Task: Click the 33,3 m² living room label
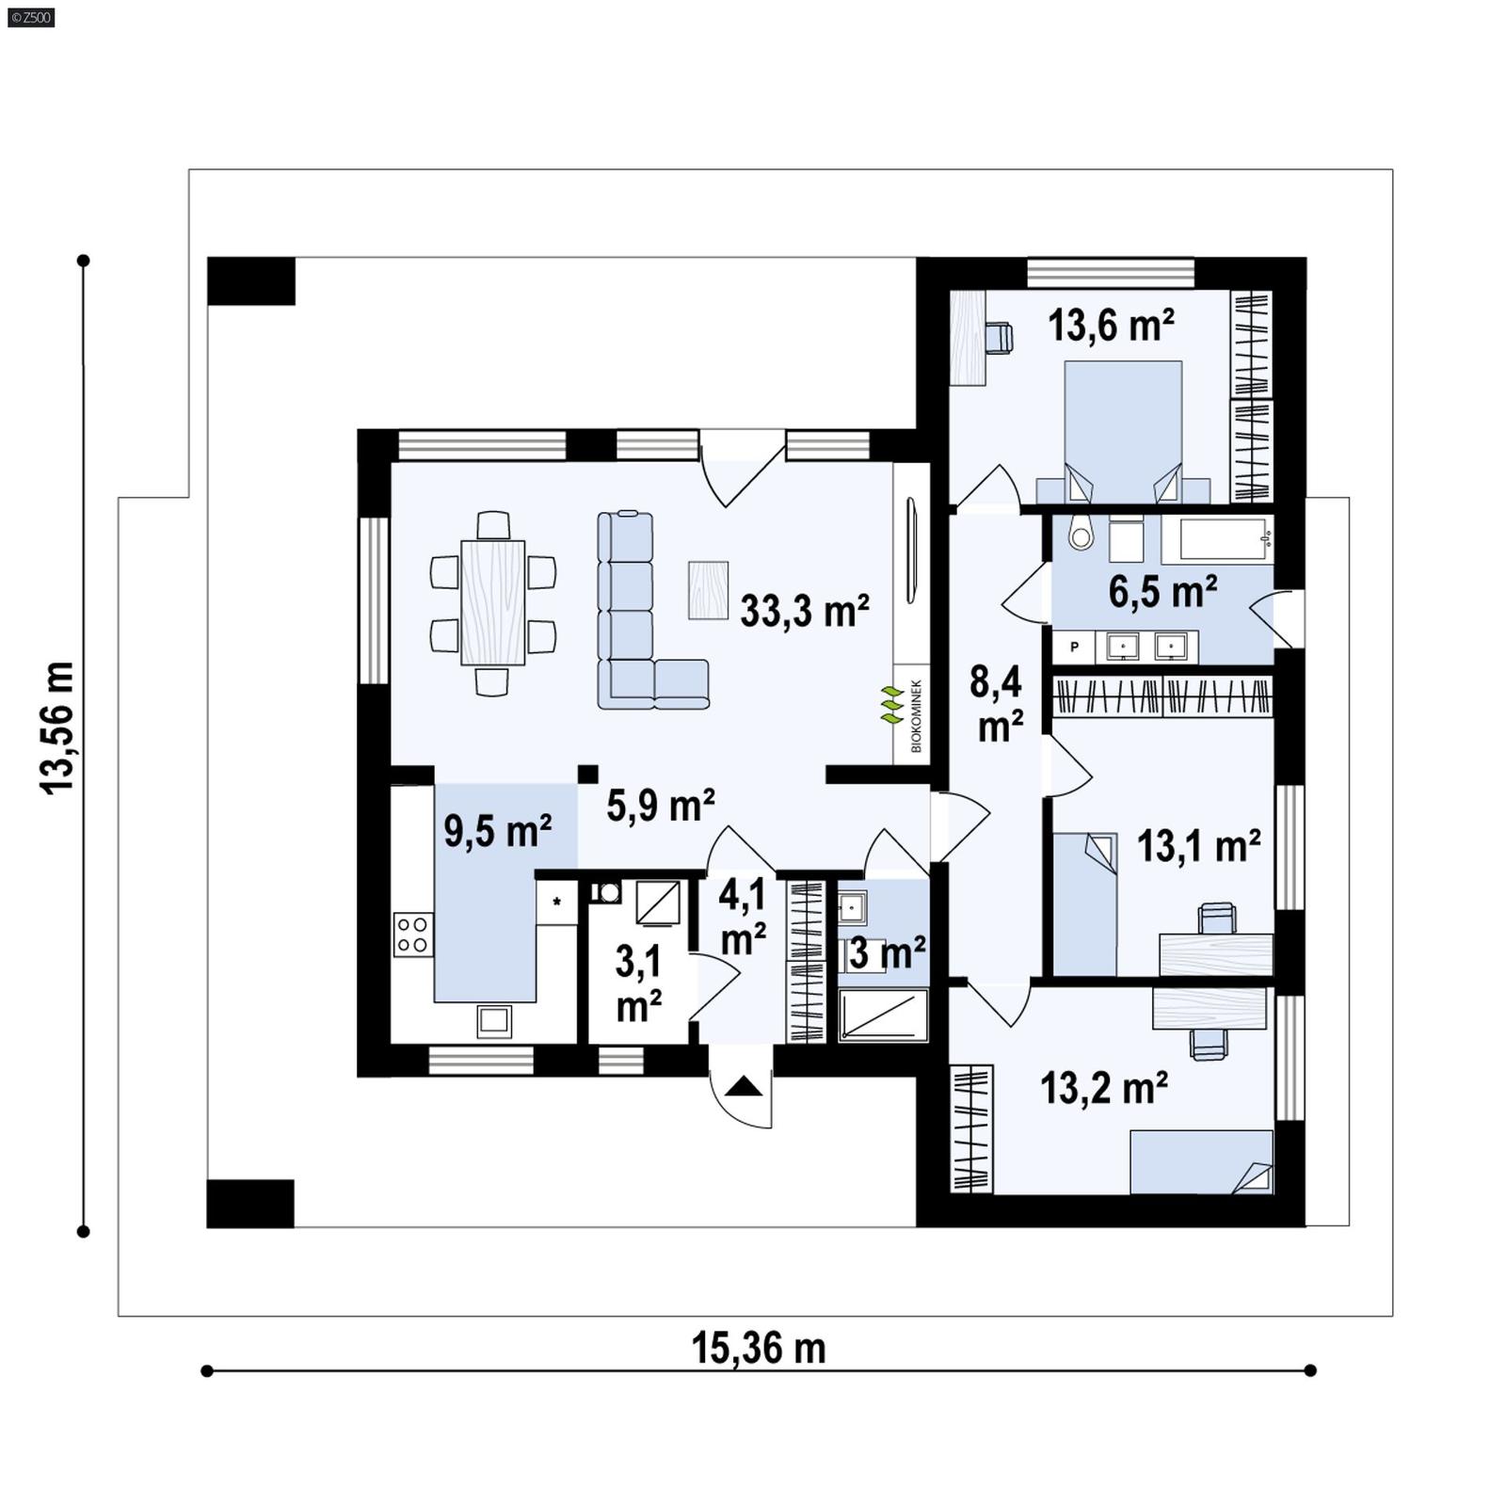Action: pos(804,611)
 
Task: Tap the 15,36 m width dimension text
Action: pos(759,1348)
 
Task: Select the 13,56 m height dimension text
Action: pos(57,728)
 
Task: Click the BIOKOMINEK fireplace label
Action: pos(916,716)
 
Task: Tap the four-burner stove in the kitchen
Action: pos(413,935)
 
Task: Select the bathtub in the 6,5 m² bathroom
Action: pos(1217,539)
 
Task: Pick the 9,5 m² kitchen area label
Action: pos(497,832)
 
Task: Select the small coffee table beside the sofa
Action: pos(708,590)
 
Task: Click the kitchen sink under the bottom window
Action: pos(494,1020)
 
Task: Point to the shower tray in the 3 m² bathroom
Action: pos(883,1015)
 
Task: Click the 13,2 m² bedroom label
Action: pos(1104,1088)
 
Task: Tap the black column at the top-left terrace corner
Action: pos(250,280)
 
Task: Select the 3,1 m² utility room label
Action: pos(638,983)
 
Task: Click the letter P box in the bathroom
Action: pos(1074,648)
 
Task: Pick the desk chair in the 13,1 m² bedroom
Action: pos(1217,917)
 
